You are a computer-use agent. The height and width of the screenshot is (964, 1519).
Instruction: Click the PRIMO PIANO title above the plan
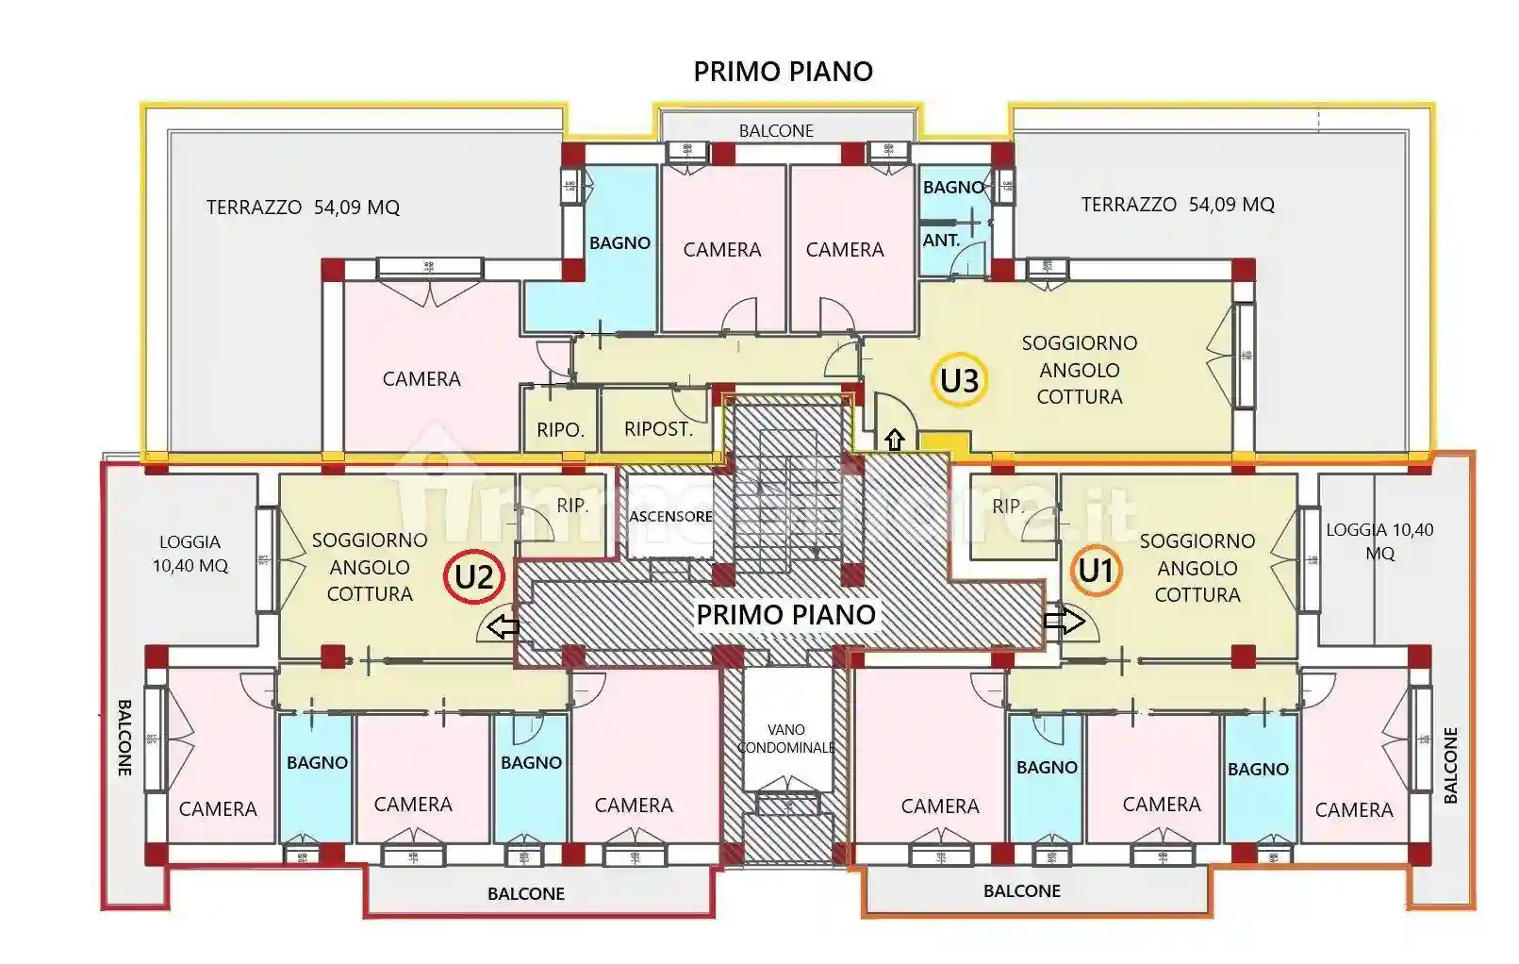pos(783,72)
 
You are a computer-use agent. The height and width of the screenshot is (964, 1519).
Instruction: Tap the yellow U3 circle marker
pos(960,381)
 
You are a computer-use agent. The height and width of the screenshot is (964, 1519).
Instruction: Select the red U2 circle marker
pos(474,576)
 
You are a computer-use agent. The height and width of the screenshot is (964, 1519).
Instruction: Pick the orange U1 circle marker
pos(1097,571)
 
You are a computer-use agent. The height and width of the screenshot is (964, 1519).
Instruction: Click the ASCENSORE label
pos(670,517)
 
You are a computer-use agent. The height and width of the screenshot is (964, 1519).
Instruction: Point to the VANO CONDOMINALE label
pos(785,739)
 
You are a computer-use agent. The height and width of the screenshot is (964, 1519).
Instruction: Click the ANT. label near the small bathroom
pos(941,241)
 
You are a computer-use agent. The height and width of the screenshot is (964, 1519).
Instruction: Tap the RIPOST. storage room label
pos(658,429)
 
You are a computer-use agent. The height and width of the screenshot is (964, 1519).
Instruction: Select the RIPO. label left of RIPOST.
pos(560,430)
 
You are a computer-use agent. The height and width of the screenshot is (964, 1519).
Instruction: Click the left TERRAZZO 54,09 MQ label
pos(303,208)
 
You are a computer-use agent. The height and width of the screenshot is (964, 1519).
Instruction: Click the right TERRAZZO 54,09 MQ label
pos(1177,205)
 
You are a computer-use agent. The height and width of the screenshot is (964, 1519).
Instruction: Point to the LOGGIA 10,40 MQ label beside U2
pos(190,554)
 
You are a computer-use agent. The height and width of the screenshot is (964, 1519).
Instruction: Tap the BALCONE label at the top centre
pos(776,131)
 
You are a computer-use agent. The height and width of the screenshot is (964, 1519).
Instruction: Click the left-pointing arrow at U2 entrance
pos(504,626)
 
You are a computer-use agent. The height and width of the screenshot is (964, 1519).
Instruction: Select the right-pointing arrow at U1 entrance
pos(1064,621)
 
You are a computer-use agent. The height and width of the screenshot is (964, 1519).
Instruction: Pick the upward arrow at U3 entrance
pos(894,440)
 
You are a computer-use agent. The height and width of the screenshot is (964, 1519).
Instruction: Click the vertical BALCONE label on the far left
pos(124,738)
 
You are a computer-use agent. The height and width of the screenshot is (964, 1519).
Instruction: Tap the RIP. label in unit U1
pos(1007,507)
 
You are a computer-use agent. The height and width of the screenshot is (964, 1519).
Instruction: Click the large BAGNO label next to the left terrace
pos(619,243)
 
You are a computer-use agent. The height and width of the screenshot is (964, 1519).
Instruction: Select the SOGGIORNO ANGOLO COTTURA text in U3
pos(1080,370)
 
